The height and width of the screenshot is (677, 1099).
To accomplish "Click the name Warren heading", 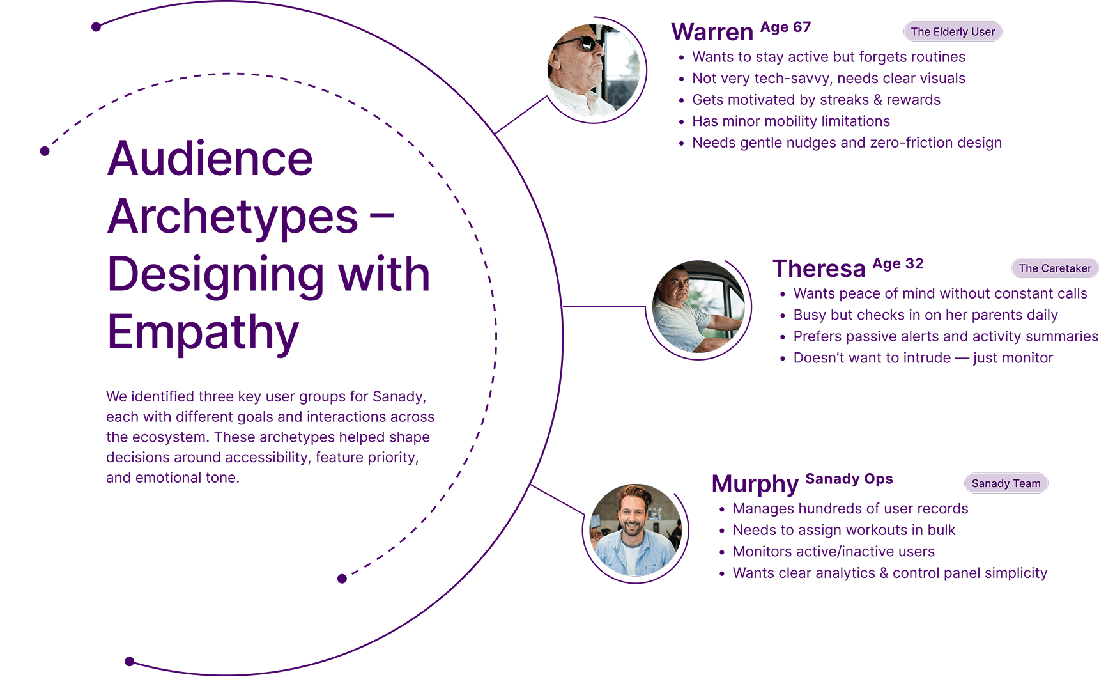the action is (x=712, y=32).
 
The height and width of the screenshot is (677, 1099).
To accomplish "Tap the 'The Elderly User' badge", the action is (x=953, y=31).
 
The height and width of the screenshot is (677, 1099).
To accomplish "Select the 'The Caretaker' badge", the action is (x=1055, y=268).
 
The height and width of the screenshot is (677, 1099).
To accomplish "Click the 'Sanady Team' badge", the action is (x=1006, y=483).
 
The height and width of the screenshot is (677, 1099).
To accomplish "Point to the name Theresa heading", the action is (x=819, y=268).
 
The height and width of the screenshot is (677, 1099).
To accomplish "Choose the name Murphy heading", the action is (x=755, y=484).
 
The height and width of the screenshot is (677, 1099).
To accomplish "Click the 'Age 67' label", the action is (x=785, y=27).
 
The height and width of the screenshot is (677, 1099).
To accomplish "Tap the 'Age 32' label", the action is (x=898, y=264).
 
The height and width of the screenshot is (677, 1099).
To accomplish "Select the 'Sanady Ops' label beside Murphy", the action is (x=849, y=479).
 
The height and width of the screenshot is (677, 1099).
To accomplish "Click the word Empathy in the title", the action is (x=203, y=333).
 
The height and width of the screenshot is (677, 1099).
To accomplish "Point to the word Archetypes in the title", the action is (x=233, y=217).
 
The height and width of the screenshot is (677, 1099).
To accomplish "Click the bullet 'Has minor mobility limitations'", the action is (x=791, y=121).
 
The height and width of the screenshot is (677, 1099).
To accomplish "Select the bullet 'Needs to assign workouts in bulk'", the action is (x=844, y=530).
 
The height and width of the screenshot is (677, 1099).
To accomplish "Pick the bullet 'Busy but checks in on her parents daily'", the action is (x=925, y=315).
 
